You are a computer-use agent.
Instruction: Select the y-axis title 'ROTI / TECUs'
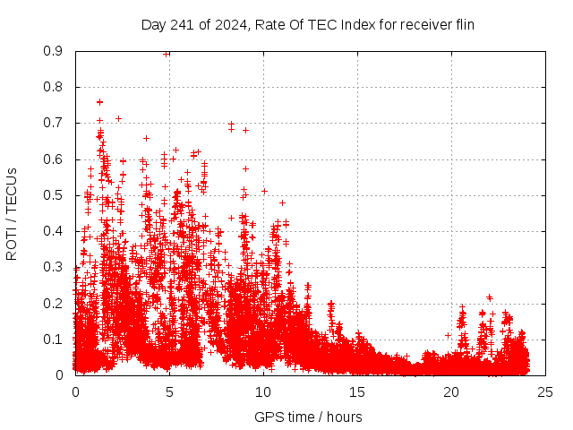click(12, 213)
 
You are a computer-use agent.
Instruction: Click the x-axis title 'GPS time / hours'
click(308, 417)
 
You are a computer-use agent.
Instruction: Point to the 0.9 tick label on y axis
click(54, 51)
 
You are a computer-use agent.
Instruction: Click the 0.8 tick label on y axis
click(54, 87)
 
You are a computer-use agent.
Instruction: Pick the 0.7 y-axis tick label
click(54, 123)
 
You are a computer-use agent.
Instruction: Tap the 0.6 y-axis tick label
click(54, 159)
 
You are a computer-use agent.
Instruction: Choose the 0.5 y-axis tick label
click(54, 195)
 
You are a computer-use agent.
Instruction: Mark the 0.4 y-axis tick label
click(54, 231)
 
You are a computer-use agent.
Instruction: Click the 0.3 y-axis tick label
click(54, 267)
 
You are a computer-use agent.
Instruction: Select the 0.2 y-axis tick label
click(54, 303)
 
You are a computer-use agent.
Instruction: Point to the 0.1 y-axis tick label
click(54, 339)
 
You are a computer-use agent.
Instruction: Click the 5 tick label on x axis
click(169, 391)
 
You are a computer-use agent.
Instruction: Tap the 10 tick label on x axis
click(263, 391)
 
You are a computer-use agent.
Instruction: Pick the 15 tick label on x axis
click(357, 391)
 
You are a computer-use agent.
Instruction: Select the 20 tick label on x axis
click(451, 391)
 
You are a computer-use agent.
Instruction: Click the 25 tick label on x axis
click(545, 391)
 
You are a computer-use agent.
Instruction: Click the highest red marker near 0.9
click(167, 53)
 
